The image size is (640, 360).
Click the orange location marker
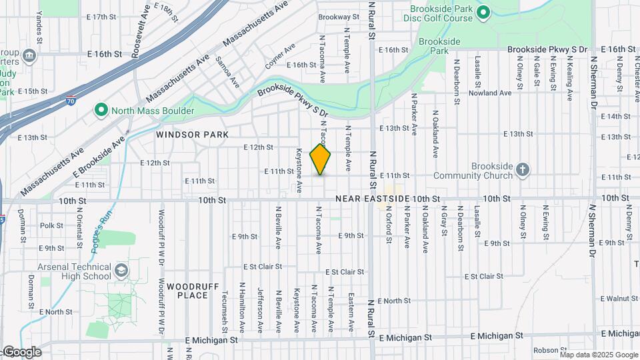(x=321, y=159)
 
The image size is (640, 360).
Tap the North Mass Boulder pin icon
(x=101, y=110)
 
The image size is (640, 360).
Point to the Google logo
(x=21, y=352)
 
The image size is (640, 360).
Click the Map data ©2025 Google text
(x=599, y=355)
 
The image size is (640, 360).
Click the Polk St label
(x=51, y=225)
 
